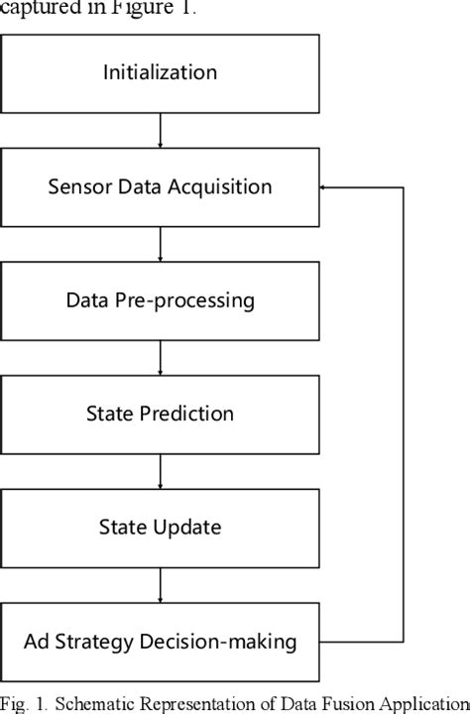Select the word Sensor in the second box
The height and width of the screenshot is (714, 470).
point(75,186)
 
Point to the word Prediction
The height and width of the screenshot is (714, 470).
point(186,414)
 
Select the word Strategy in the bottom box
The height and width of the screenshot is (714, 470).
point(107,642)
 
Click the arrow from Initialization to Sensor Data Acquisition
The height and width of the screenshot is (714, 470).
point(160,128)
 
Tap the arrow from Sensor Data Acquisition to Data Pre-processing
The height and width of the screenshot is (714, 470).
point(160,242)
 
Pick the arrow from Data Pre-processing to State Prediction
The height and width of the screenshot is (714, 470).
point(160,356)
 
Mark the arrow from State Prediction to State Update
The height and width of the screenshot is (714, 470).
point(160,470)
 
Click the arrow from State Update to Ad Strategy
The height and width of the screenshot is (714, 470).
point(160,584)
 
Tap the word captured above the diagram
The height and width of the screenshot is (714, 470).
point(38,9)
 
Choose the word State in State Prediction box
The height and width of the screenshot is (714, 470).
point(107,414)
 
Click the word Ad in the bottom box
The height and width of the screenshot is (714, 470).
point(36,642)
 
